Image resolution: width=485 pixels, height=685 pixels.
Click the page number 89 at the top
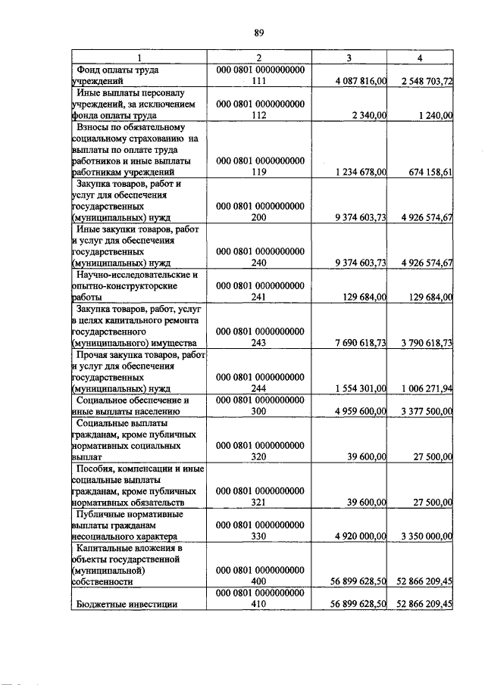[x=258, y=33]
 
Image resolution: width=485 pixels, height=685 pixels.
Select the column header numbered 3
[x=349, y=58]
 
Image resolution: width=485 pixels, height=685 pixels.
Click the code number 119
[x=260, y=172]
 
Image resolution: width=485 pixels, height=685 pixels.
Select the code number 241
[x=260, y=297]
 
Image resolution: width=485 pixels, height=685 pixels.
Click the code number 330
[x=260, y=536]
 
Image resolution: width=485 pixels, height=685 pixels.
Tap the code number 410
[x=260, y=604]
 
